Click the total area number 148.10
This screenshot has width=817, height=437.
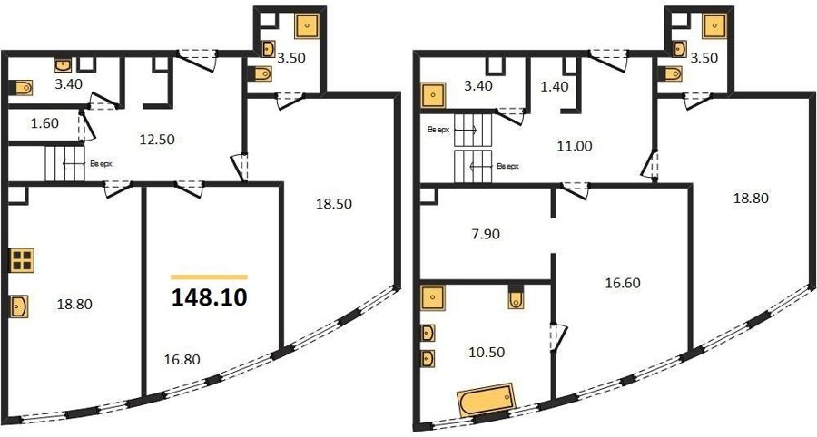209,297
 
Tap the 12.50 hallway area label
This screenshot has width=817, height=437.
157,140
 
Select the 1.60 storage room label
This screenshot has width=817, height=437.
44,123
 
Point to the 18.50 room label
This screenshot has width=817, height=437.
334,204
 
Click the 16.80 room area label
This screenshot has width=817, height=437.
182,359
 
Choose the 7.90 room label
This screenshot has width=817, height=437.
485,234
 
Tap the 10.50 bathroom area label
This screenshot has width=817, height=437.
487,352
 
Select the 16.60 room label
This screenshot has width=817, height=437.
623,283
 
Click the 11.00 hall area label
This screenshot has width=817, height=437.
575,146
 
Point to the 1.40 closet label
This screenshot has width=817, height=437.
555,87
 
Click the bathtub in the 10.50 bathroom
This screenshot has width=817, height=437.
487,400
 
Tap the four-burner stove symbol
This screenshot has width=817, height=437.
22,260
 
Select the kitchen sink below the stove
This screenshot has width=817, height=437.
19,306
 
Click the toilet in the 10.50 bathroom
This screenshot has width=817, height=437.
516,297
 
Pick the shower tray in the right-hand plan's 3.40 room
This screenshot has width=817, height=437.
434,95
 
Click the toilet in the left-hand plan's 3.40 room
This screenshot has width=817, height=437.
22,88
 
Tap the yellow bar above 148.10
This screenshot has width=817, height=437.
209,277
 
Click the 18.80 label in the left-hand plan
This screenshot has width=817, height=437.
74,304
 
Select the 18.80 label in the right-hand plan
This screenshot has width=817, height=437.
751,199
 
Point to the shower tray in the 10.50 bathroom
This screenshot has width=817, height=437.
433,298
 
